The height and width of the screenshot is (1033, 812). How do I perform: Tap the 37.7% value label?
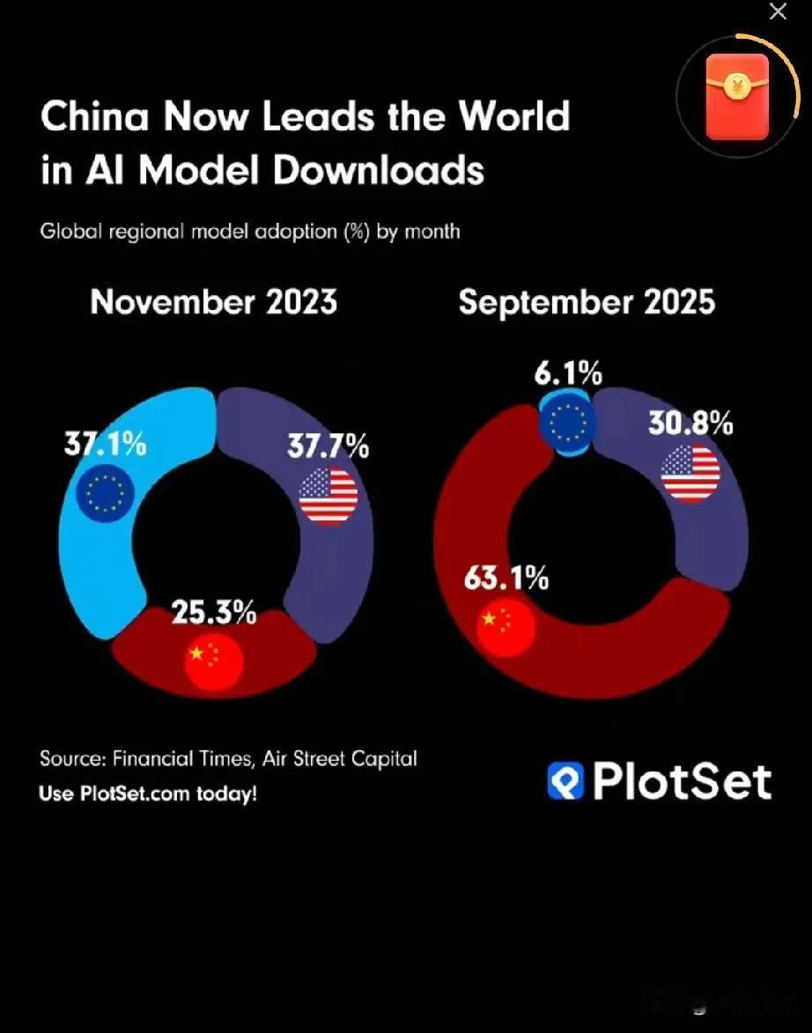328,446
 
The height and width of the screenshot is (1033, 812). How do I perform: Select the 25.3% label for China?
214,613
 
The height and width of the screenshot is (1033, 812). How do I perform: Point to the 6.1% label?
568,374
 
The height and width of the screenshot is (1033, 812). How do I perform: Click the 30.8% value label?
691,424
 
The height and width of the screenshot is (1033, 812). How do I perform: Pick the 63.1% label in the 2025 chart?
506,579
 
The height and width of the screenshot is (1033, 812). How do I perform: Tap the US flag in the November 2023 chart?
328,498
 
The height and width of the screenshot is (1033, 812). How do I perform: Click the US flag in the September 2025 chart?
691,474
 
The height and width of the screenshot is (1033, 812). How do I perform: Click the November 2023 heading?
214,302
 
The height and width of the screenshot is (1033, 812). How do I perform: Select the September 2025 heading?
587,302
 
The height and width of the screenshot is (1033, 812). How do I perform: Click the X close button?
778,11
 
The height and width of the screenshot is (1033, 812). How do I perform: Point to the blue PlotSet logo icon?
565,781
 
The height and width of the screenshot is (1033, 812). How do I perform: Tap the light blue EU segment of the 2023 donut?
97,564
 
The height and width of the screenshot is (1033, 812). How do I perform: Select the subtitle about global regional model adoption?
250,232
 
